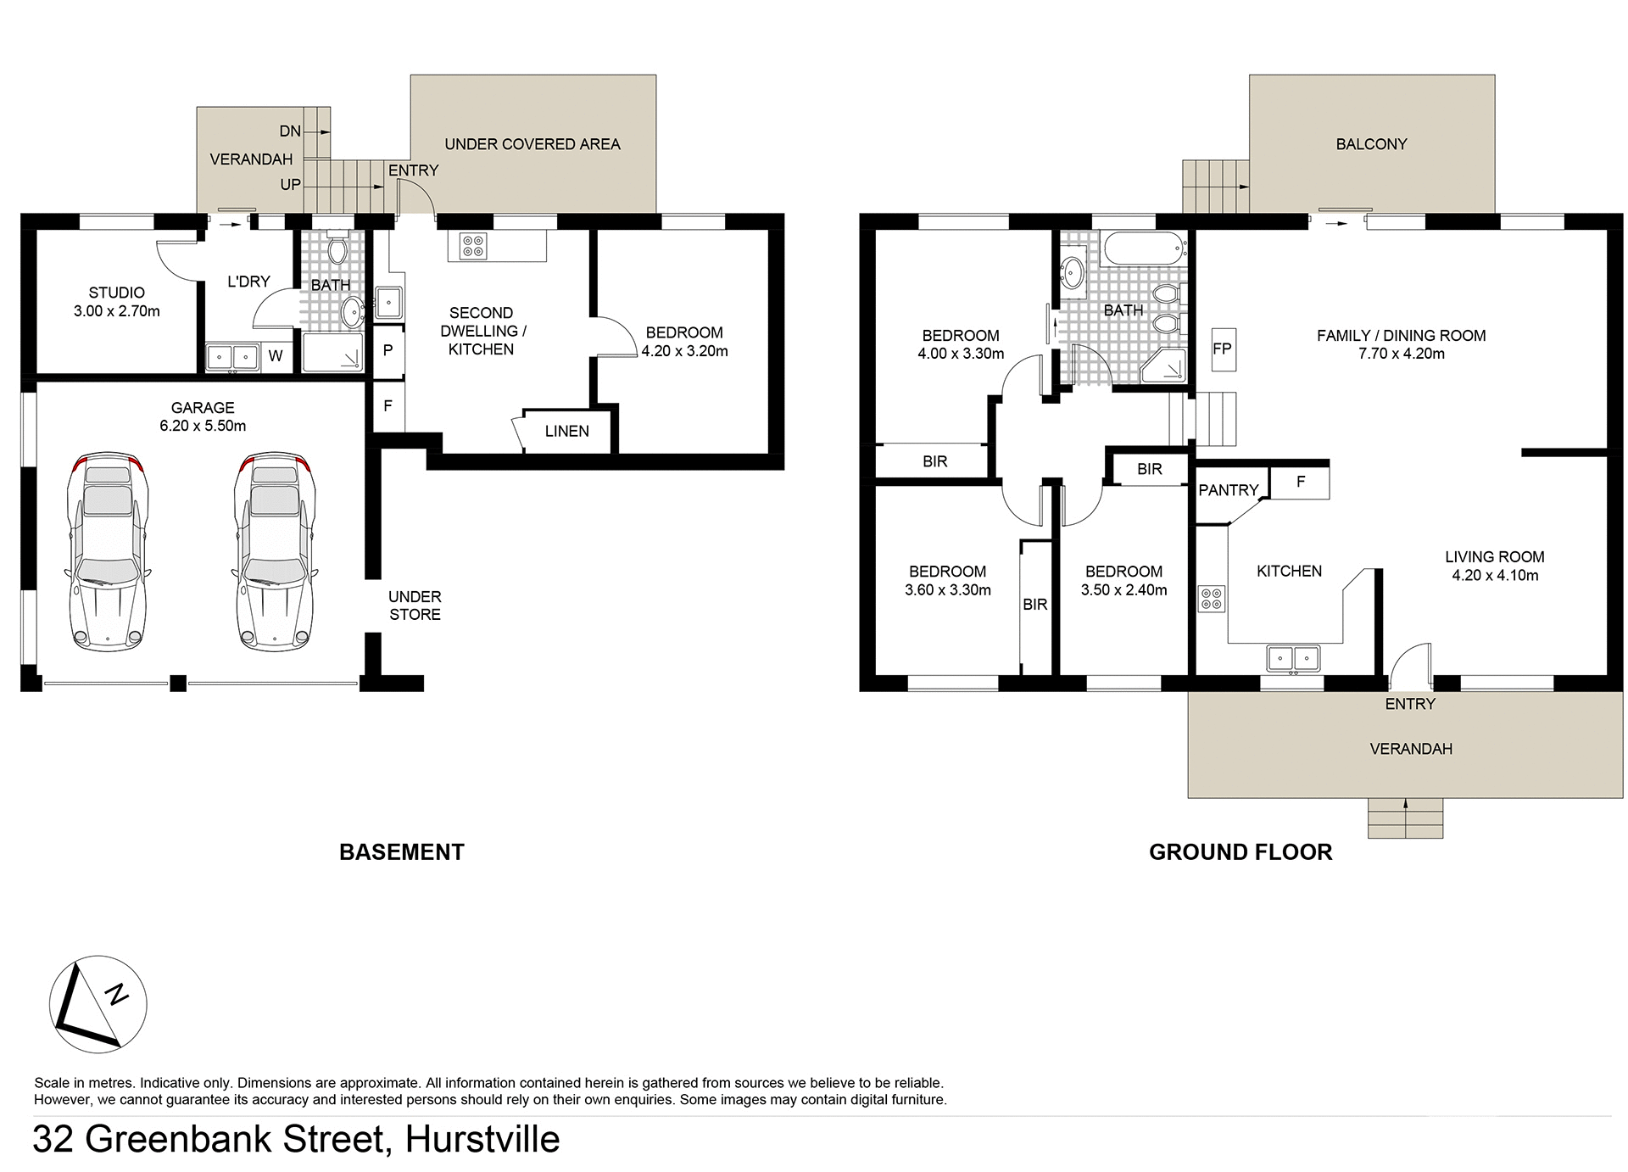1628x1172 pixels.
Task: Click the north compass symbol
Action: (98, 1005)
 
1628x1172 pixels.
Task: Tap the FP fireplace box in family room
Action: (1222, 349)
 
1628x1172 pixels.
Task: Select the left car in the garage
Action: (107, 551)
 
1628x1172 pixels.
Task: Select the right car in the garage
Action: (273, 551)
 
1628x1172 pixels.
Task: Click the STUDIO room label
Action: (116, 293)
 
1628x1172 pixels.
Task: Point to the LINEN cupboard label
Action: (566, 431)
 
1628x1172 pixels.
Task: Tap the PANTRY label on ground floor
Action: (1228, 490)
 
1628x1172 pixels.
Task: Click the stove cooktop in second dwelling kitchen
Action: (472, 246)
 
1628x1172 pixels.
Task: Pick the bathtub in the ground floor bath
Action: (1144, 248)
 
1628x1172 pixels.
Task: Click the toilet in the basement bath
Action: (337, 248)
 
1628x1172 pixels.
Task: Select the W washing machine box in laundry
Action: (276, 356)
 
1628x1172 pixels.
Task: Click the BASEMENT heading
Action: (401, 852)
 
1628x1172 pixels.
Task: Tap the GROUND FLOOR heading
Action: (1240, 852)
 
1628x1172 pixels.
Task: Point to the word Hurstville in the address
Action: (482, 1139)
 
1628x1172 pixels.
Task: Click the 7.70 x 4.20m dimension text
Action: (1401, 354)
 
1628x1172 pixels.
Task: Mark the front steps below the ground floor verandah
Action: (1405, 818)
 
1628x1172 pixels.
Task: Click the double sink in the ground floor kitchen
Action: (1293, 657)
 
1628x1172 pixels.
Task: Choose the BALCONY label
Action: (1371, 144)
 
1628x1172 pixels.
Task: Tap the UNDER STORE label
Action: (415, 606)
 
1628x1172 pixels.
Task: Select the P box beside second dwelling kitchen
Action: (387, 349)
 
